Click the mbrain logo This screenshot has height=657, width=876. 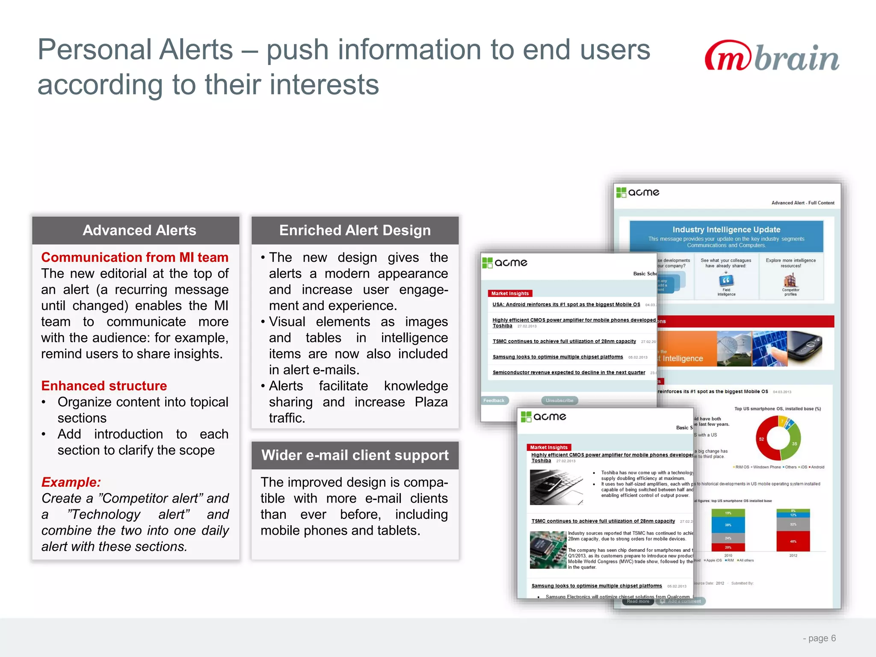pyautogui.click(x=771, y=56)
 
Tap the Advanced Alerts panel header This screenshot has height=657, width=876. pyautogui.click(x=139, y=231)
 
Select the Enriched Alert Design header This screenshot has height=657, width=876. pyautogui.click(x=355, y=231)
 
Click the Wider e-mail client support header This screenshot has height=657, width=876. pyautogui.click(x=355, y=455)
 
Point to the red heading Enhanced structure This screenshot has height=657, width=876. pyautogui.click(x=104, y=386)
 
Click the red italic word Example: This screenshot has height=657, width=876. pyautogui.click(x=71, y=482)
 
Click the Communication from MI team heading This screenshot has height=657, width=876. pyautogui.click(x=135, y=257)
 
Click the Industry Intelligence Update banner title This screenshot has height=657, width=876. pyautogui.click(x=726, y=230)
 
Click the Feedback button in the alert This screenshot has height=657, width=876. pyautogui.click(x=494, y=401)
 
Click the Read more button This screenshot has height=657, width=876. pyautogui.click(x=638, y=601)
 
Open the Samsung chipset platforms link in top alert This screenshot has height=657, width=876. pyautogui.click(x=557, y=357)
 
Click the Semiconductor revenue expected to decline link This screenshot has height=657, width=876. pyautogui.click(x=568, y=373)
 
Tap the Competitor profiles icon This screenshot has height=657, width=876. pyautogui.click(x=790, y=281)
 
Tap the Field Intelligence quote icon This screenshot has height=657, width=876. pyautogui.click(x=726, y=281)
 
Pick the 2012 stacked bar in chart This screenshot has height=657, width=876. pyautogui.click(x=793, y=530)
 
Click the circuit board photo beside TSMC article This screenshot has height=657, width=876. pyautogui.click(x=548, y=550)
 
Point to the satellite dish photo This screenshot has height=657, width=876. pyautogui.click(x=734, y=349)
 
